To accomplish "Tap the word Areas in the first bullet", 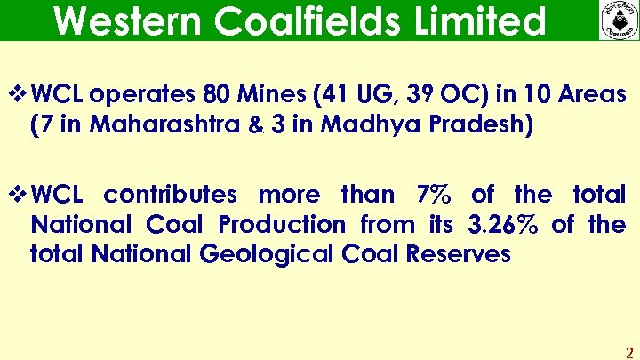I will (588, 94).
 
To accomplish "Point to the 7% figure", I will (435, 195).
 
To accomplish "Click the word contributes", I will (171, 195).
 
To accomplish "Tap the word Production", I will (293, 225).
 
